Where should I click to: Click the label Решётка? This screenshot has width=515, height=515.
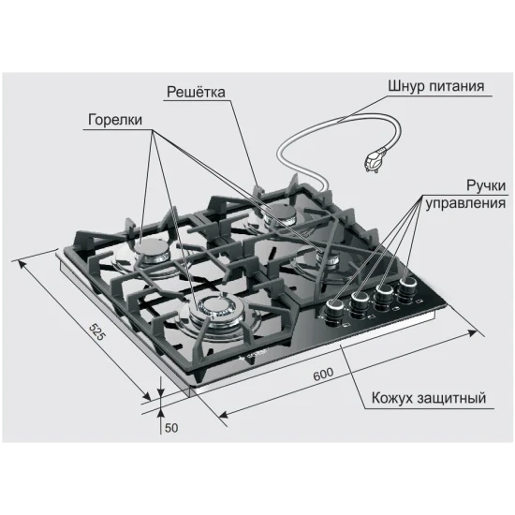click(x=196, y=92)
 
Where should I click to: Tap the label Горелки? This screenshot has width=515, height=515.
click(x=115, y=120)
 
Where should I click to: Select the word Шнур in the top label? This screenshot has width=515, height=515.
click(x=406, y=86)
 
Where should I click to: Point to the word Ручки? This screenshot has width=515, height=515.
click(x=486, y=186)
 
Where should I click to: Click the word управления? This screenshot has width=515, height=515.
click(x=465, y=203)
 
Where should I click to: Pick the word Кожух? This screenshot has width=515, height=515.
click(x=391, y=398)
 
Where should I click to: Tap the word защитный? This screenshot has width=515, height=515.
click(x=451, y=398)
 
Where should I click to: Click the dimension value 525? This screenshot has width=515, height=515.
click(x=98, y=331)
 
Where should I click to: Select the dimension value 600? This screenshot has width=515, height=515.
click(x=323, y=375)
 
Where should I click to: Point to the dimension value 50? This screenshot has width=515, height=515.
click(x=171, y=428)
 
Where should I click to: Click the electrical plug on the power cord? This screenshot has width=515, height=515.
click(x=375, y=160)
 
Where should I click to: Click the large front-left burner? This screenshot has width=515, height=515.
click(x=217, y=309)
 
